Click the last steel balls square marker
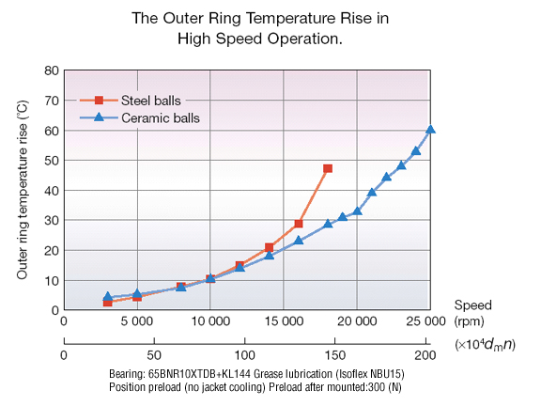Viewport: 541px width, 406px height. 328,168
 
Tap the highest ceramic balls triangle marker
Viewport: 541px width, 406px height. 430,130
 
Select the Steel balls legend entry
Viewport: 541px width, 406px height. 131,101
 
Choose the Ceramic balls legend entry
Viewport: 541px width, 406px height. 140,118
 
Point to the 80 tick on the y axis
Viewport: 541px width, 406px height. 52,70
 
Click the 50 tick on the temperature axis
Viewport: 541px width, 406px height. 52,161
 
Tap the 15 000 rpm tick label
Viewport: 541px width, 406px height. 284,321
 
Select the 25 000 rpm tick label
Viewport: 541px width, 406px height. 425,321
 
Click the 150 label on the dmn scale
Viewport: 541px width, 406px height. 334,355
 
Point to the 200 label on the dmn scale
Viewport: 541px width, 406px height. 425,355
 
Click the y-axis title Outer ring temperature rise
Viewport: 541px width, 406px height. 23,190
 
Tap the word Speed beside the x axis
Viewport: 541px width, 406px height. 472,305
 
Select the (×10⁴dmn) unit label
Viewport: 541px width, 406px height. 485,345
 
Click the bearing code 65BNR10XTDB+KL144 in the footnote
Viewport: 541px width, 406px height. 199,374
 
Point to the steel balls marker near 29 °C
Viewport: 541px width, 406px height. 299,224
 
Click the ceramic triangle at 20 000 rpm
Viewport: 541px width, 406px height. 357,211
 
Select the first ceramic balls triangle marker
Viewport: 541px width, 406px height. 108,297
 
